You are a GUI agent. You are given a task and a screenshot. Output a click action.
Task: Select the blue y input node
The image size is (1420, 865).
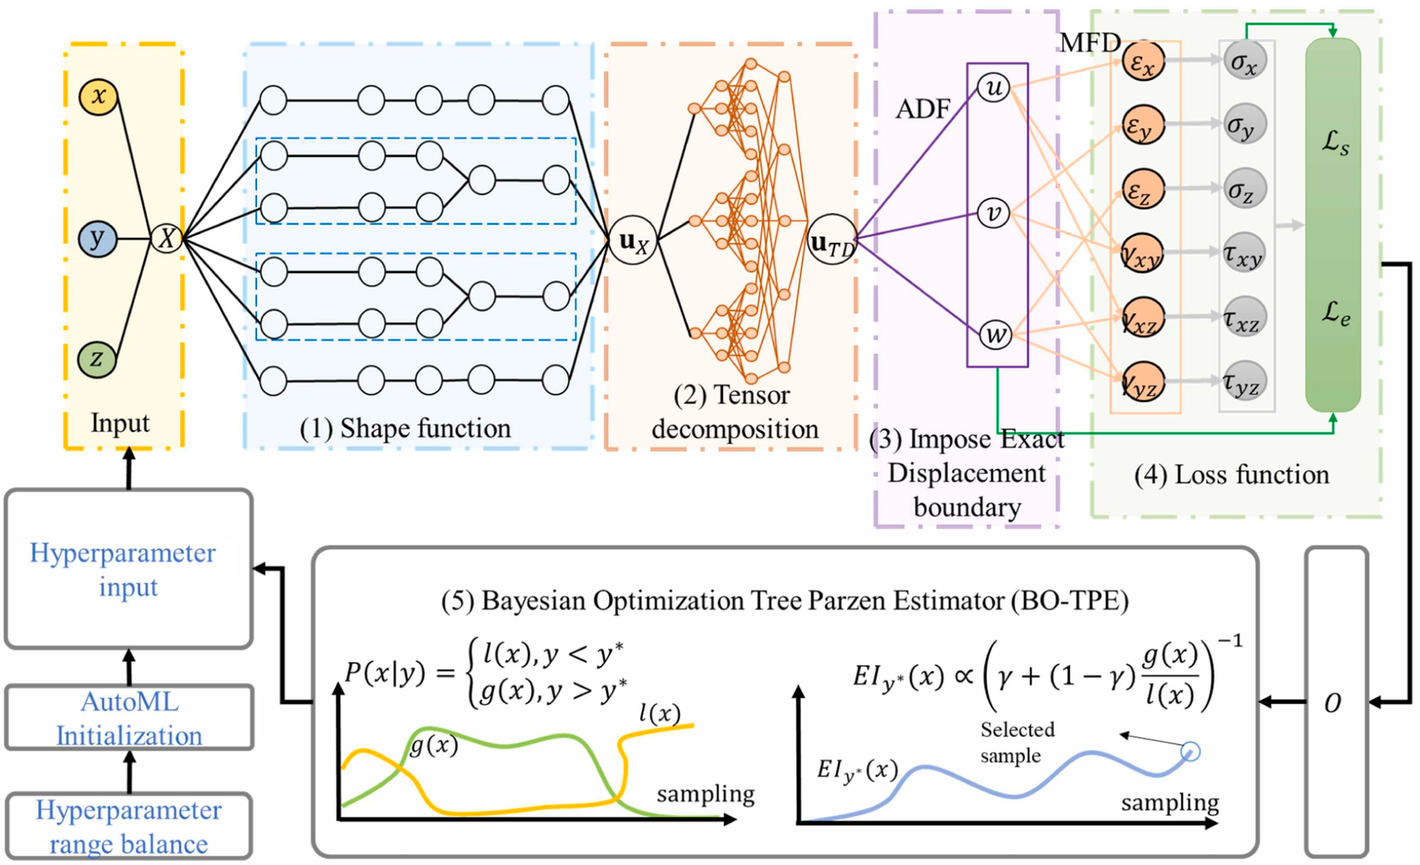97,238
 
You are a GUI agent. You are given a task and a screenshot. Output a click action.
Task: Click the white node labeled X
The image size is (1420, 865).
166,237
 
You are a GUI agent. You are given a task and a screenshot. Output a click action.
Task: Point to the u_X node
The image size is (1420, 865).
633,240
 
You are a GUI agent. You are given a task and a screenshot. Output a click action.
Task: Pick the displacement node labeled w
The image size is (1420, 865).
996,335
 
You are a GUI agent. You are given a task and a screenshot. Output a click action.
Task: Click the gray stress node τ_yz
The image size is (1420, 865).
1244,381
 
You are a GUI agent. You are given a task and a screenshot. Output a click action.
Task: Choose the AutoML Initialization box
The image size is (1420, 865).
129,717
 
